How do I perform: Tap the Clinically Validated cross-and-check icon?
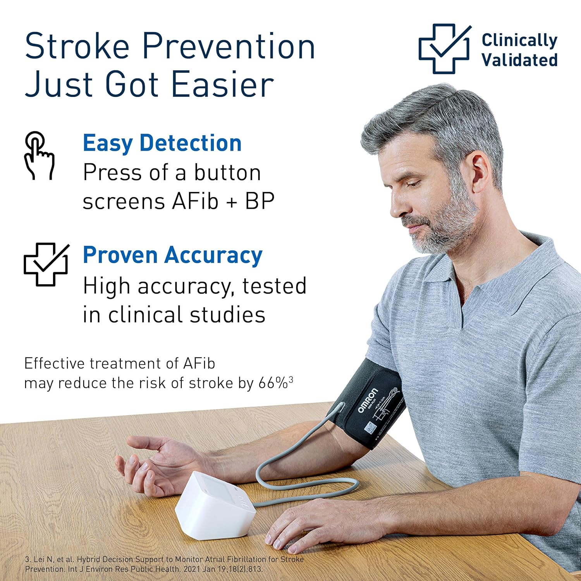pos(444,49)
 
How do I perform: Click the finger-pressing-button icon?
pos(39,155)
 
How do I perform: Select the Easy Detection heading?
pos(162,143)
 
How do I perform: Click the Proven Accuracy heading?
pos(173,255)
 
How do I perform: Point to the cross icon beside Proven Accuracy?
pos(46,265)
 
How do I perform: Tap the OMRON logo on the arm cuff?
pos(366,401)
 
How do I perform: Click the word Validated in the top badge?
pos(519,60)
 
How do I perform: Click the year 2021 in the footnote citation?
pos(192,569)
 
